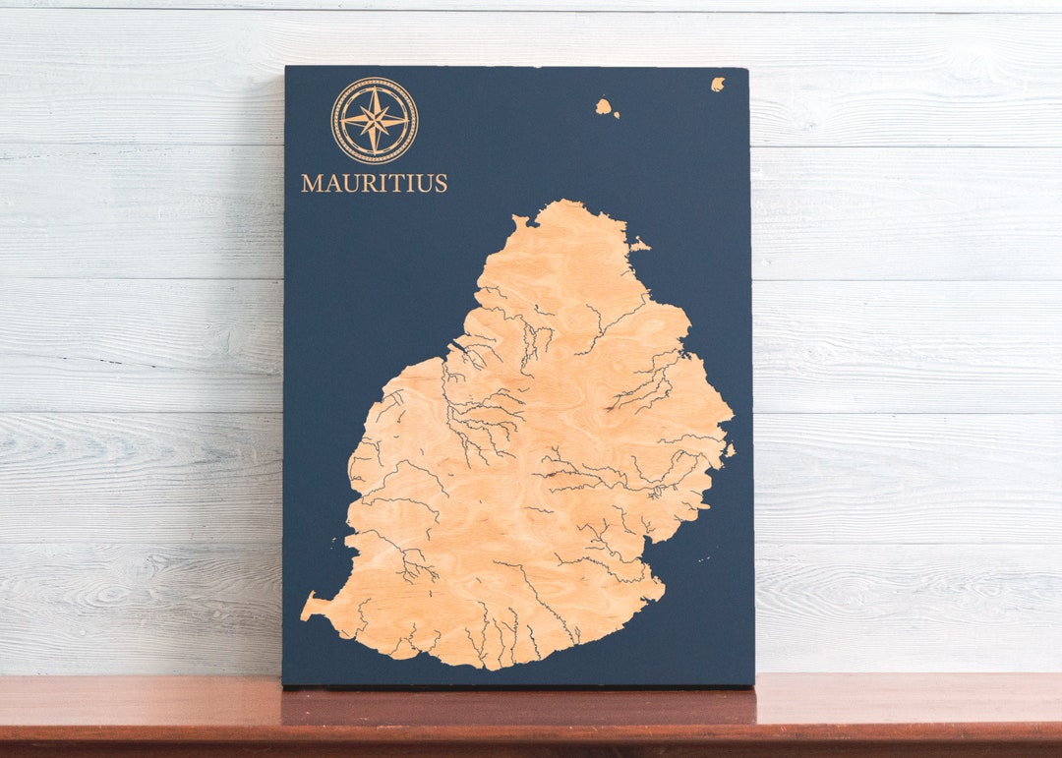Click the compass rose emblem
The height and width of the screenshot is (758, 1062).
[375, 120]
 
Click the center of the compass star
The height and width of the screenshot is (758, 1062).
[375, 120]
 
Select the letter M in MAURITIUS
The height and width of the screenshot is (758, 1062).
[311, 183]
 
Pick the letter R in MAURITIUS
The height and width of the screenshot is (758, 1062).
[369, 183]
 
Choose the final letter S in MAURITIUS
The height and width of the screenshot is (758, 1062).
[441, 183]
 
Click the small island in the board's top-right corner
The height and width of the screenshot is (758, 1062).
[718, 84]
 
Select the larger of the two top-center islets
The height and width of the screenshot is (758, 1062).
[603, 106]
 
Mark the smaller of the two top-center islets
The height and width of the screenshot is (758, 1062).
[617, 116]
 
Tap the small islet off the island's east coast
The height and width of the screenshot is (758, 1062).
[730, 450]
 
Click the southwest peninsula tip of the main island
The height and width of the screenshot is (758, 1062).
[306, 610]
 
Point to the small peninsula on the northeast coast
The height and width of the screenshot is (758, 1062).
[639, 244]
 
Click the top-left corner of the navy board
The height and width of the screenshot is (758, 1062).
[286, 67]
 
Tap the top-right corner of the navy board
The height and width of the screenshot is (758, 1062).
[747, 69]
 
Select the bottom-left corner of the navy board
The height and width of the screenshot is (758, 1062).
[283, 684]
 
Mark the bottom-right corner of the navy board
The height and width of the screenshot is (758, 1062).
[753, 684]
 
